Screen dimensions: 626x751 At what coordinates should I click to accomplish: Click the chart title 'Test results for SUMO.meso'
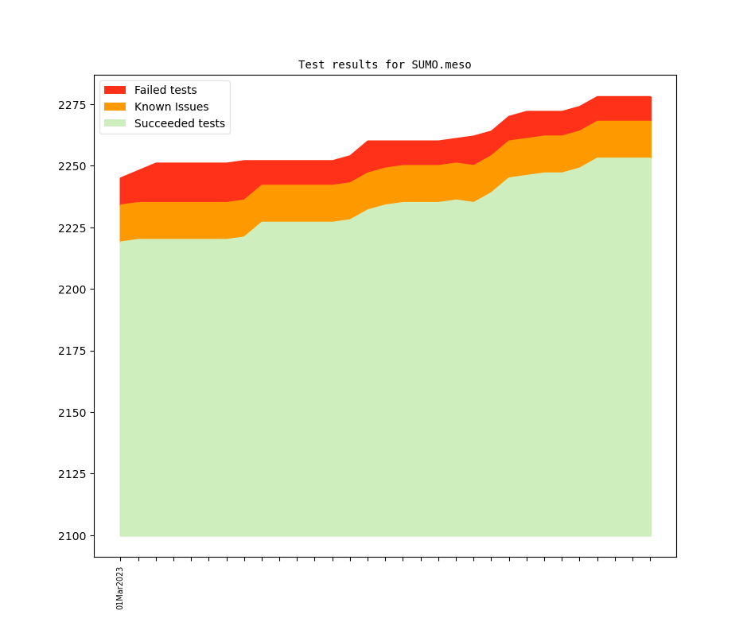pyautogui.click(x=384, y=64)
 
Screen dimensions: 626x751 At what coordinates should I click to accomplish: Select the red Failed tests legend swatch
pyautogui.click(x=115, y=90)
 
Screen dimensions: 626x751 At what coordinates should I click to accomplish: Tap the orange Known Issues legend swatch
pyautogui.click(x=115, y=107)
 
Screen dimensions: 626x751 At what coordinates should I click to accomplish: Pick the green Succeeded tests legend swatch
pyautogui.click(x=115, y=123)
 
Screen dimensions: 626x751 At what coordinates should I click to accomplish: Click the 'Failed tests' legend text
pyautogui.click(x=165, y=90)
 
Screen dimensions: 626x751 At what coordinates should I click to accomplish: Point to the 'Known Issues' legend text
pyautogui.click(x=171, y=107)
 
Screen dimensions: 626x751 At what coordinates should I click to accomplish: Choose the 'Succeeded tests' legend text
pyautogui.click(x=180, y=123)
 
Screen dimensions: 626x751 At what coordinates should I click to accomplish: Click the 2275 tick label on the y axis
pyautogui.click(x=73, y=105)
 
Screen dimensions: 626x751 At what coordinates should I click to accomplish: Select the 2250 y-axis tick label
pyautogui.click(x=73, y=166)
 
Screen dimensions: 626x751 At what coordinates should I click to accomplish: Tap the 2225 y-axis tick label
pyautogui.click(x=73, y=228)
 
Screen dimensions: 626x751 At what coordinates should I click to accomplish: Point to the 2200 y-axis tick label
pyautogui.click(x=73, y=290)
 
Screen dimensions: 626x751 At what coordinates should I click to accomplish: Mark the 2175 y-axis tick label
pyautogui.click(x=73, y=351)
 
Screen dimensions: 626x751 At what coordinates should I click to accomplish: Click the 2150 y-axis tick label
pyautogui.click(x=73, y=413)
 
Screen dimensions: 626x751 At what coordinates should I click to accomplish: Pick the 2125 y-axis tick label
pyautogui.click(x=73, y=474)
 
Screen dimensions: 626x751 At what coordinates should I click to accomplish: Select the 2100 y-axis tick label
pyautogui.click(x=73, y=536)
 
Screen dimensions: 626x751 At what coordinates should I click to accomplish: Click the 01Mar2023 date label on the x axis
pyautogui.click(x=120, y=588)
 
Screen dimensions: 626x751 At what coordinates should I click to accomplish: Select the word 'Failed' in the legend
pyautogui.click(x=150, y=90)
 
